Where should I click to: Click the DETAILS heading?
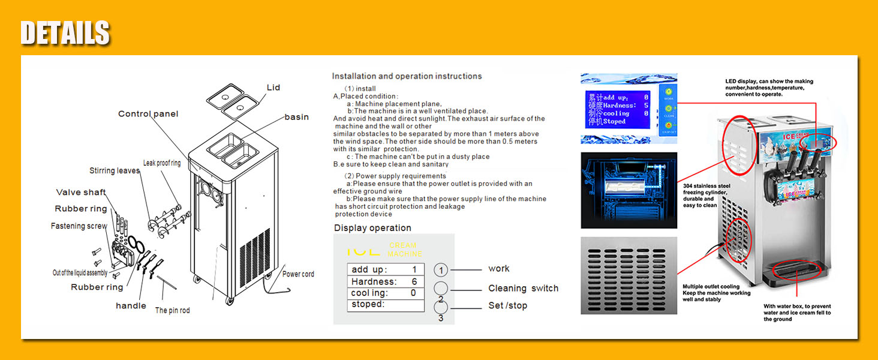pyautogui.click(x=65, y=33)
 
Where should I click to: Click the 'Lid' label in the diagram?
pyautogui.click(x=273, y=88)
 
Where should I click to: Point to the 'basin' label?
pyautogui.click(x=296, y=117)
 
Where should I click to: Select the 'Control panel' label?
pyautogui.click(x=148, y=114)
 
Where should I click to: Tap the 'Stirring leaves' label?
pyautogui.click(x=114, y=171)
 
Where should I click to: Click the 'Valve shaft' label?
pyautogui.click(x=81, y=193)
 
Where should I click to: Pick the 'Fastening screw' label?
pyautogui.click(x=79, y=226)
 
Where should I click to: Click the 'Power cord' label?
pyautogui.click(x=298, y=274)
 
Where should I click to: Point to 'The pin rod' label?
pyautogui.click(x=172, y=310)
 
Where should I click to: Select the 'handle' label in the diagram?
pyautogui.click(x=131, y=306)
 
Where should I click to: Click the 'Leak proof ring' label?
pyautogui.click(x=161, y=163)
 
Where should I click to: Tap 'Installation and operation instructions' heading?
pyautogui.click(x=407, y=76)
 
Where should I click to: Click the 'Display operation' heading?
pyautogui.click(x=372, y=228)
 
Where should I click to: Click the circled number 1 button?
pyautogui.click(x=441, y=270)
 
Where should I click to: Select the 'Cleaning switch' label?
pyautogui.click(x=523, y=289)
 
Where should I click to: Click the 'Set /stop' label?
pyautogui.click(x=507, y=305)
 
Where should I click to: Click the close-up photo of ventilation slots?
pyautogui.click(x=629, y=275)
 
